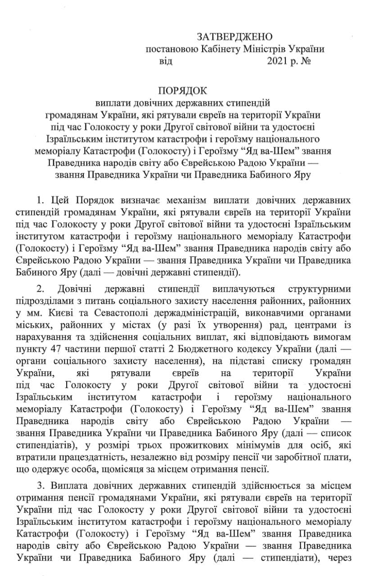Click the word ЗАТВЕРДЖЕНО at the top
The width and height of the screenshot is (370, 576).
pyautogui.click(x=234, y=37)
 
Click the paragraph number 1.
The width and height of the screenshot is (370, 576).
pyautogui.click(x=39, y=199)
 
